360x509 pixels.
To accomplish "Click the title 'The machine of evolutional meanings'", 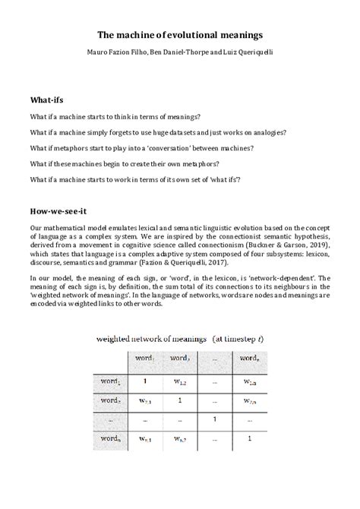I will [x=179, y=35].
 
